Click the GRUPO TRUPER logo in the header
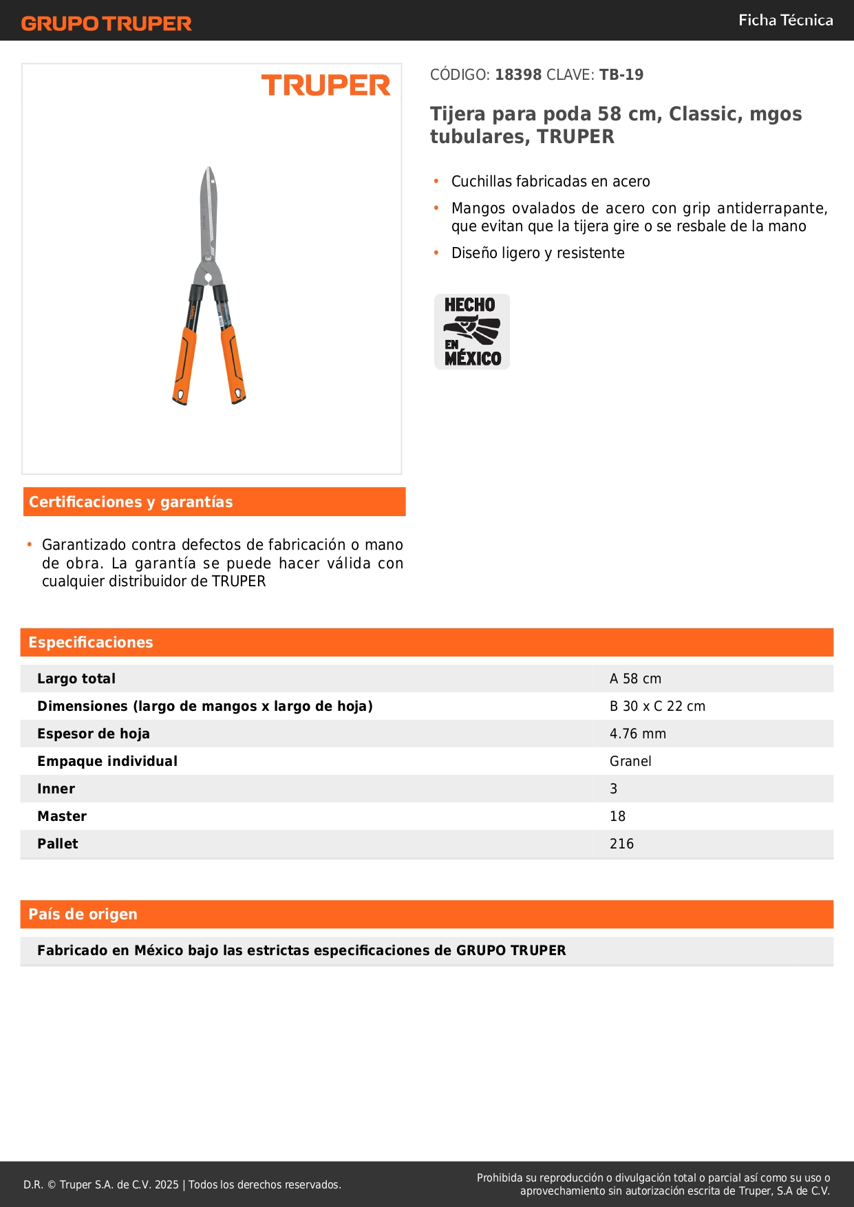[106, 23]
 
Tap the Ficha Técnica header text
[785, 20]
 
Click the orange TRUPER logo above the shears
[325, 85]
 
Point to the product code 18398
[518, 74]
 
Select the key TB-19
[621, 74]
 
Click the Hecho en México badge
[472, 332]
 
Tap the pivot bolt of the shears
[208, 278]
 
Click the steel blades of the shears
[208, 213]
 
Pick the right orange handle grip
[233, 365]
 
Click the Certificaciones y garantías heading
[131, 502]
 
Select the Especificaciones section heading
[91, 642]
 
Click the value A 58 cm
[635, 679]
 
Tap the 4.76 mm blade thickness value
[638, 734]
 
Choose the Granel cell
[630, 761]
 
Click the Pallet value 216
[621, 844]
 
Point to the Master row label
[62, 816]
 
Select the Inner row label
[56, 789]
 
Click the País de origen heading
[83, 914]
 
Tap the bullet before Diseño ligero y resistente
[436, 253]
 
